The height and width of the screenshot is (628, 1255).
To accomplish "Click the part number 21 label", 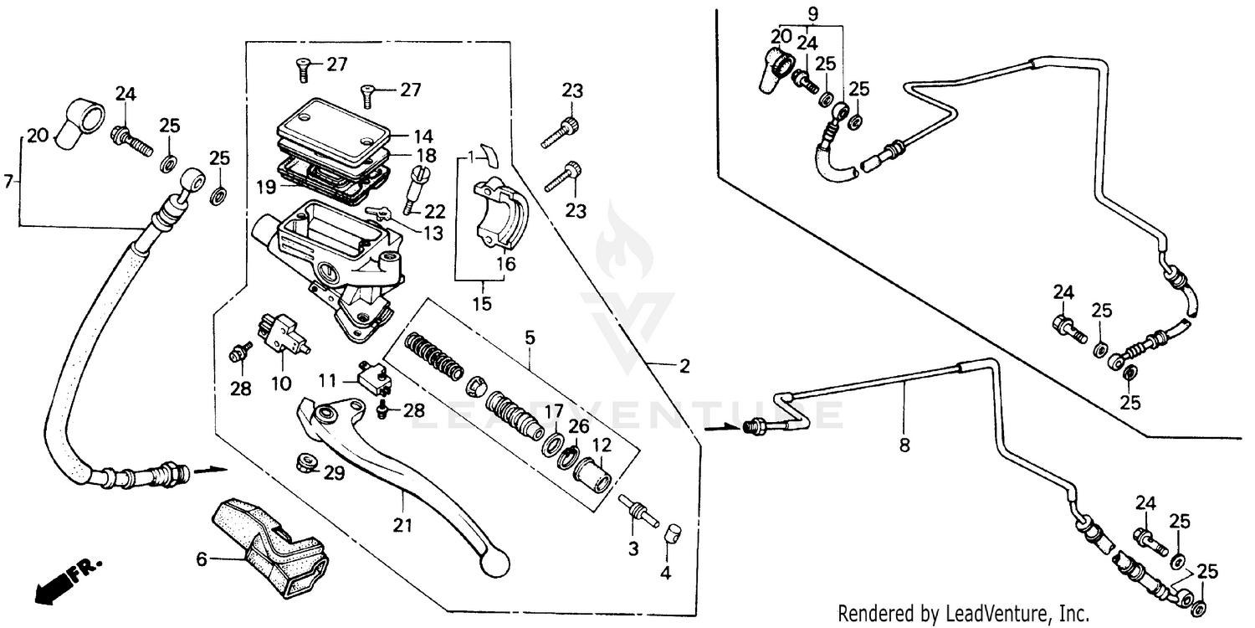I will point(402,525).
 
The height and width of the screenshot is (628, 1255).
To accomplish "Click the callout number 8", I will point(904,445).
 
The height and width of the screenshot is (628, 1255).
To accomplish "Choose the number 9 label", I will point(811,13).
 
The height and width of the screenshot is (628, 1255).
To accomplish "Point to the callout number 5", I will point(530,339).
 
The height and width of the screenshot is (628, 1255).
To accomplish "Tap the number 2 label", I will point(684,366).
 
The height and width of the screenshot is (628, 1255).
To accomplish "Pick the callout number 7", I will point(8,180).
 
